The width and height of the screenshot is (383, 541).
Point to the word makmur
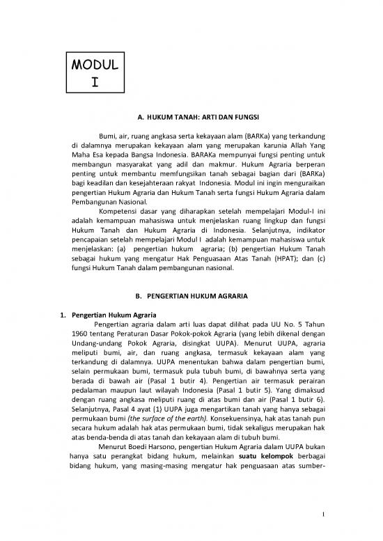[x=210, y=176]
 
